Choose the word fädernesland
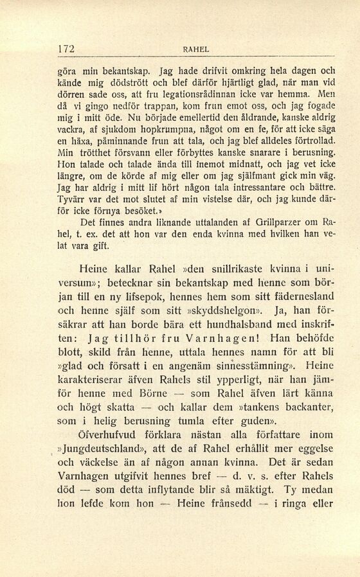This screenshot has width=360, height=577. click(x=301, y=297)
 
